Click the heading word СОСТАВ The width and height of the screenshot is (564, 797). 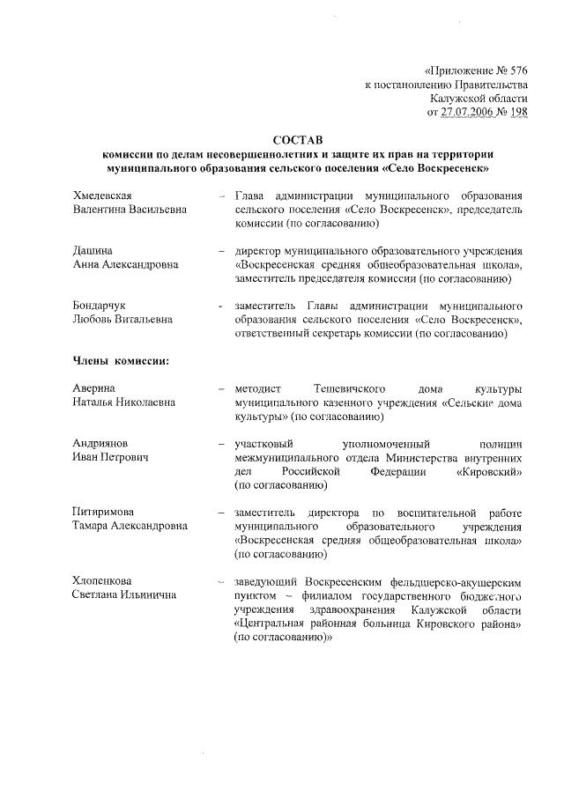point(298,139)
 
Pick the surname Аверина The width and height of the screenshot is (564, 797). point(94,387)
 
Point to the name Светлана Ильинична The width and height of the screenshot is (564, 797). point(124,595)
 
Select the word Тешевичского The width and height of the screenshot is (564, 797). point(351,387)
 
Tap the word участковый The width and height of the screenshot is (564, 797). point(263,443)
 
